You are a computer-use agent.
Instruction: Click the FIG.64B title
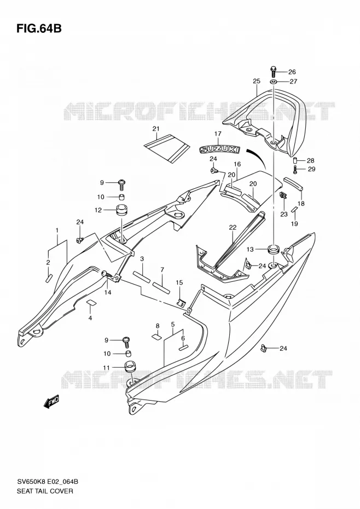coord(39,28)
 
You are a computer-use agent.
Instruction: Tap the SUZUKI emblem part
coord(219,149)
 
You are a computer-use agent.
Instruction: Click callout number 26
coord(292,72)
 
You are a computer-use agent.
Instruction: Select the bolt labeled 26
coord(273,71)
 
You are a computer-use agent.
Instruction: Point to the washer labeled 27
coord(274,81)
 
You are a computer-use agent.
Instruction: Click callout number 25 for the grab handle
coord(257,81)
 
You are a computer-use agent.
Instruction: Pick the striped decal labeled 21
coord(167,148)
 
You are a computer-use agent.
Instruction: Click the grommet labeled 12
coord(121,210)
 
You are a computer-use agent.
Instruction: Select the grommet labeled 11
coord(130,367)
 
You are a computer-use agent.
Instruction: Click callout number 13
coord(250,250)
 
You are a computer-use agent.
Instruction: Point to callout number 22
coord(233,228)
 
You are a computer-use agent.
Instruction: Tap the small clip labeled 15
coord(182,303)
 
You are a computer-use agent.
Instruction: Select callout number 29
coord(311,169)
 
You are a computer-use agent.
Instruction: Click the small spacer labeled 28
coord(296,160)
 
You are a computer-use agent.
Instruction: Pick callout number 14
coord(108,292)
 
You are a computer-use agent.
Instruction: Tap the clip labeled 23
coord(283,195)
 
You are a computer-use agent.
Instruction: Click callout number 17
coord(218,134)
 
